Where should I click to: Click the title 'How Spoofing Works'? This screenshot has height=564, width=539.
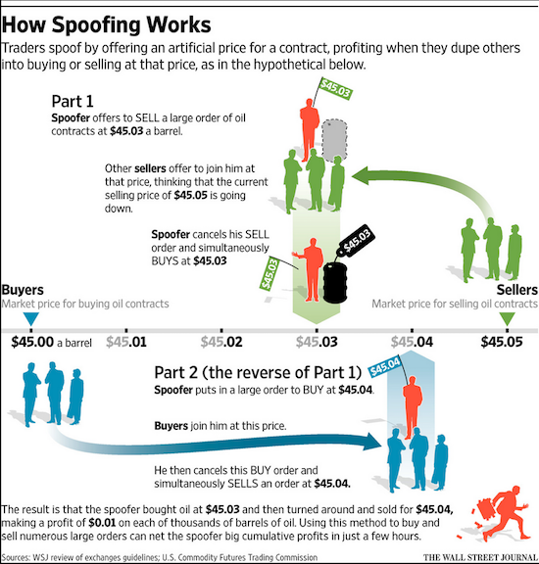[x=106, y=25]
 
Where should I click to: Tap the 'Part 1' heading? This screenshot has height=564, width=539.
[x=73, y=101]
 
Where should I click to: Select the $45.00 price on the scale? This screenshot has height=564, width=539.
[x=32, y=342]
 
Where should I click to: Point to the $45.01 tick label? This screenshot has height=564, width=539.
[x=126, y=342]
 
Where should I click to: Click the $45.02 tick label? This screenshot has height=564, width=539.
[x=221, y=342]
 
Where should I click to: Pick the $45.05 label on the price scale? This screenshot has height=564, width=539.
[x=502, y=342]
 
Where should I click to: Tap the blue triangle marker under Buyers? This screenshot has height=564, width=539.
[x=31, y=319]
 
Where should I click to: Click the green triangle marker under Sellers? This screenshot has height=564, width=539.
[x=508, y=319]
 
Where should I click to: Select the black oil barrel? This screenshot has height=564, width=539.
[x=335, y=283]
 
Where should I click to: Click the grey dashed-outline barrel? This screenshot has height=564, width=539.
[x=334, y=141]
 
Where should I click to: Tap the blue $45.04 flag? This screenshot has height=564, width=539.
[x=384, y=366]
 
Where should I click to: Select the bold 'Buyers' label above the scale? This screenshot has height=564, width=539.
[x=23, y=290]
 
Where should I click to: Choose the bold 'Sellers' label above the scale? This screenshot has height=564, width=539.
[x=517, y=290]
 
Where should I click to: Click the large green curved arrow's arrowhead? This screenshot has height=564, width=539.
[x=362, y=176]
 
